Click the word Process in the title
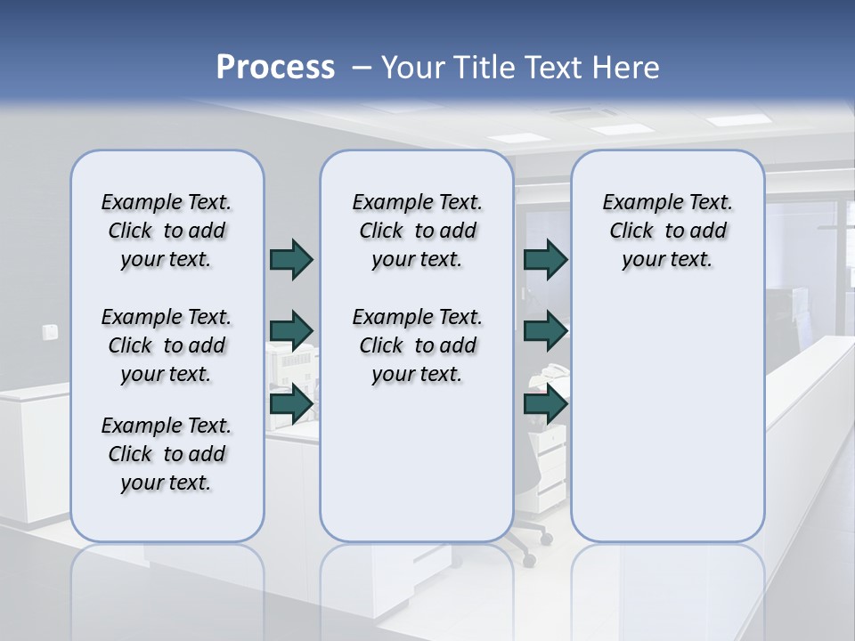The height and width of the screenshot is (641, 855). click(x=275, y=68)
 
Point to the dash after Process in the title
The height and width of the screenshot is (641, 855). click(x=362, y=69)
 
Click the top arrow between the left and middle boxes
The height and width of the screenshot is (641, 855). click(x=291, y=259)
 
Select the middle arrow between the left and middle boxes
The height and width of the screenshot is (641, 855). click(x=291, y=331)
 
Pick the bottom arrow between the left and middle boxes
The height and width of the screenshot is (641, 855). click(x=291, y=403)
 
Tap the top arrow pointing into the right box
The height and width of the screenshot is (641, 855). click(x=545, y=259)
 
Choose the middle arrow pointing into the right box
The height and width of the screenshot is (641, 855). click(x=545, y=331)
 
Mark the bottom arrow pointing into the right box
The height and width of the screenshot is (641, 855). click(x=545, y=403)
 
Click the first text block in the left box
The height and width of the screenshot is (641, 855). click(x=167, y=231)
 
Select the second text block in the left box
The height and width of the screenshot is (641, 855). click(x=167, y=345)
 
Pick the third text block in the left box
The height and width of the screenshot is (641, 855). click(x=167, y=454)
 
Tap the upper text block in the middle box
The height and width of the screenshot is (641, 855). click(x=417, y=231)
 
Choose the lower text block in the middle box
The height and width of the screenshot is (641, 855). click(x=417, y=345)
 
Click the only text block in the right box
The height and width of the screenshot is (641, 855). click(x=667, y=231)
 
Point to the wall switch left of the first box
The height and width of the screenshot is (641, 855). click(x=50, y=332)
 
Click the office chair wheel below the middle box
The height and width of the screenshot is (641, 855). click(x=529, y=562)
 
